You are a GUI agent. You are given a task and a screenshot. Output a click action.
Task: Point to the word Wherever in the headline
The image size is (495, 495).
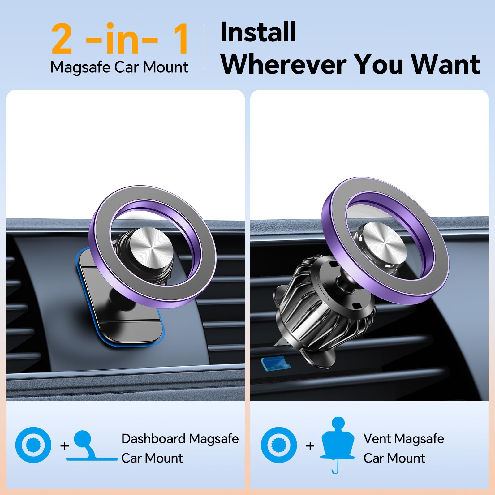[x=283, y=64]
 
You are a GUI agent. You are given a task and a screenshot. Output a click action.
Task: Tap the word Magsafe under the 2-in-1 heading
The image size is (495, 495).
[x=80, y=67]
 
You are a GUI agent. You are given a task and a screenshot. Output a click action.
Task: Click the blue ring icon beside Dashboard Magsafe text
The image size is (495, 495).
[x=33, y=445]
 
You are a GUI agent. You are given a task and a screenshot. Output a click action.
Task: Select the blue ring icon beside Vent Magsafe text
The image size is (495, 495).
[x=279, y=445]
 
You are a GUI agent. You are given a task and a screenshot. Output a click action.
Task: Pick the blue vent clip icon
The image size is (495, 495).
[x=338, y=442]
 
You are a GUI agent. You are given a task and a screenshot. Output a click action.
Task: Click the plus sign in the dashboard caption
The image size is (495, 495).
[x=64, y=446]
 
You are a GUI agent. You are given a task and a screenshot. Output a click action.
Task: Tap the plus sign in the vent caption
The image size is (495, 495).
[x=310, y=446]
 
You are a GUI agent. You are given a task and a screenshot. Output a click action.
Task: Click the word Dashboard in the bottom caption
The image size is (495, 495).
[x=153, y=439]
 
